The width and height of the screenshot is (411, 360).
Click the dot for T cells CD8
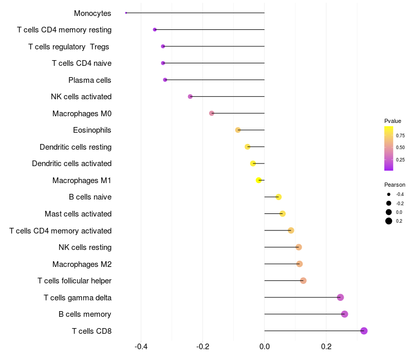[364, 331]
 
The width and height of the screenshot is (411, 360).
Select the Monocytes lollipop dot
[126, 13]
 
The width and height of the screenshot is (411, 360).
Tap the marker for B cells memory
[344, 314]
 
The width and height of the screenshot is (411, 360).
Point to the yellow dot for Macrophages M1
[259, 180]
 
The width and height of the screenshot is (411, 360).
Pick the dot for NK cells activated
[190, 97]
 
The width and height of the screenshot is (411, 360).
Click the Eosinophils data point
[238, 130]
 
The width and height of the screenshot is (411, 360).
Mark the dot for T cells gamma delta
[340, 297]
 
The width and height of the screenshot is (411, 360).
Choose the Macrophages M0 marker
[212, 113]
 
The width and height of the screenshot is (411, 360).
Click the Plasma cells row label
[90, 80]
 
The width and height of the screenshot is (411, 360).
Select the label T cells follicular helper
[74, 281]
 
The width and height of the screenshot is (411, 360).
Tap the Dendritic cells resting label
[76, 147]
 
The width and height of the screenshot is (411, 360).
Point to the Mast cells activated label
[78, 214]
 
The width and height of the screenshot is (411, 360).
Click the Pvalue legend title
[393, 121]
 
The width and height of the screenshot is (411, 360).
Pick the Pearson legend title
[395, 185]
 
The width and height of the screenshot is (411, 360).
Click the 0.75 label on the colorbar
[400, 136]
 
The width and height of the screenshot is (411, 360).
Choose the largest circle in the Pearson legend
[389, 221]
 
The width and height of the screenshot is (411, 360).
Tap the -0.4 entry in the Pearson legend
[400, 194]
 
